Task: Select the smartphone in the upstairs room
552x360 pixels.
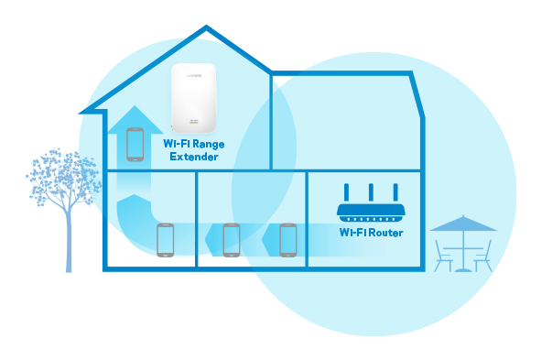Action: click(135, 144)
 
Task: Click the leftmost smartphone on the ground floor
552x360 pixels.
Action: click(165, 239)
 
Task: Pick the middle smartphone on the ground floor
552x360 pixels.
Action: click(231, 239)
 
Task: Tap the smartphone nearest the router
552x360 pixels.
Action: click(288, 239)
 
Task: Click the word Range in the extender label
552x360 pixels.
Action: click(207, 145)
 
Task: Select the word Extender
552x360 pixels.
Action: click(194, 158)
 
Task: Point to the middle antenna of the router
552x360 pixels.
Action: click(371, 193)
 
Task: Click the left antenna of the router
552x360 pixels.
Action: click(347, 193)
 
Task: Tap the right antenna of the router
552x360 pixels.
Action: click(395, 193)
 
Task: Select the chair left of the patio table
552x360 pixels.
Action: click(443, 256)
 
